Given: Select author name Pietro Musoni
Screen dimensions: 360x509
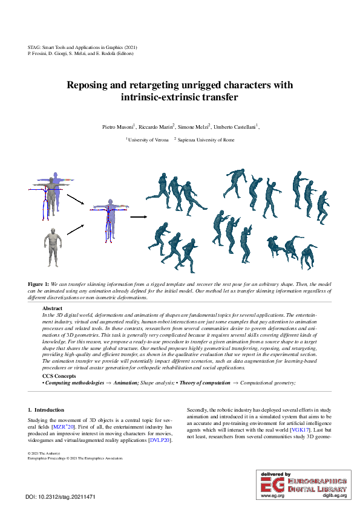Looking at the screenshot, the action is (x=119, y=126).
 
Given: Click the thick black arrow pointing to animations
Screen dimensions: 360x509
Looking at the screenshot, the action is (x=139, y=216).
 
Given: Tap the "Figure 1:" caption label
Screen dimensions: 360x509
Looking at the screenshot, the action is (x=39, y=284).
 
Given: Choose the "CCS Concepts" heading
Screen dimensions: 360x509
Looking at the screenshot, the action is (x=59, y=377).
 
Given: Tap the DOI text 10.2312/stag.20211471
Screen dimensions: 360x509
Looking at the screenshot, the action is (x=71, y=497).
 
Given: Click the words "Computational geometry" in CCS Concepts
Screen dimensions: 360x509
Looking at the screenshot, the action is (x=266, y=383).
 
